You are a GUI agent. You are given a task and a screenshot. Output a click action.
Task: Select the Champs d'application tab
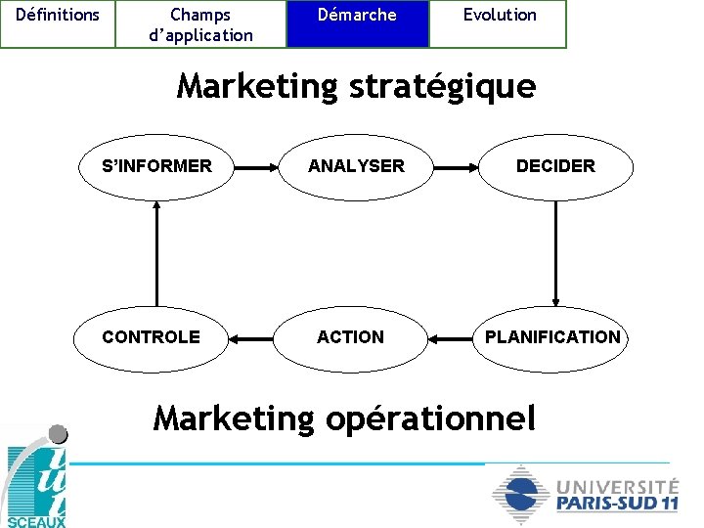pos(200,23)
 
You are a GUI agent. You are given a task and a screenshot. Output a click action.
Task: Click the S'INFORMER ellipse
pos(156,166)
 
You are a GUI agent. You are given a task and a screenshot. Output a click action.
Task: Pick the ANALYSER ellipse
pos(356,166)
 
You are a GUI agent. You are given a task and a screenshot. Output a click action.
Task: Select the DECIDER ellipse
pos(555,166)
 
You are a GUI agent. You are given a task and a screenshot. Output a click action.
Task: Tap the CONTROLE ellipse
pos(152,337)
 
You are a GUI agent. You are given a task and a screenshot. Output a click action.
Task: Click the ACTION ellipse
pos(350,337)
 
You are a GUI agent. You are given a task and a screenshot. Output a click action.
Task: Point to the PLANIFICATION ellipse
pos(552,337)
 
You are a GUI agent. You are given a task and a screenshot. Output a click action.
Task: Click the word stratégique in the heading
pos(440,87)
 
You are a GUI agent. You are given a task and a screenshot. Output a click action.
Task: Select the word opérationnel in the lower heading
pos(434,418)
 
